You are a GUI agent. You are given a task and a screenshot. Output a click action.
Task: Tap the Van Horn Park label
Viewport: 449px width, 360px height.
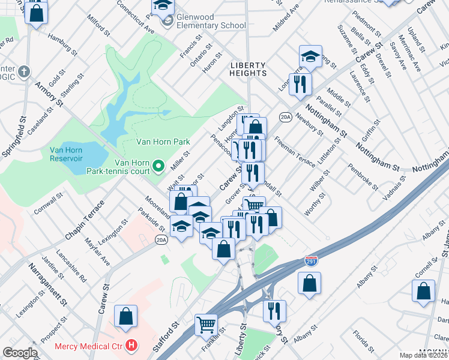163,142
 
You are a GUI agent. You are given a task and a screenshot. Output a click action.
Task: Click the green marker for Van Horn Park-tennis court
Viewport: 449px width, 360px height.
158,164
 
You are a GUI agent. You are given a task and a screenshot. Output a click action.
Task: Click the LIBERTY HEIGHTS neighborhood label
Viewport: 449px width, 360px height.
249,68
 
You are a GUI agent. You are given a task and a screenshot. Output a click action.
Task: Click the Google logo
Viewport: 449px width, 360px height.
20,353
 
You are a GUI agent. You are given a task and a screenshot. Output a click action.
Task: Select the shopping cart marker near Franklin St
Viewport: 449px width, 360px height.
206,325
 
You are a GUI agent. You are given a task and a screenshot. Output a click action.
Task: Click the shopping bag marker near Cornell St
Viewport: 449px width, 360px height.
423,290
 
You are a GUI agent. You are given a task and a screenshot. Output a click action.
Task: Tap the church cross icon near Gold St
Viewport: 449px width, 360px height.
23,72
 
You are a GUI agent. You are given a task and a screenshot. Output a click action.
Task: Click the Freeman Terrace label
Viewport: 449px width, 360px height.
294,152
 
